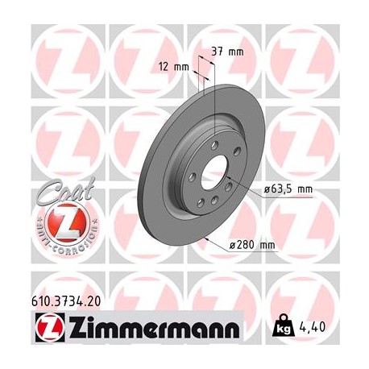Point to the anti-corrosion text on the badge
point(59,238)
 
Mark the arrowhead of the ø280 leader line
point(209,238)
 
